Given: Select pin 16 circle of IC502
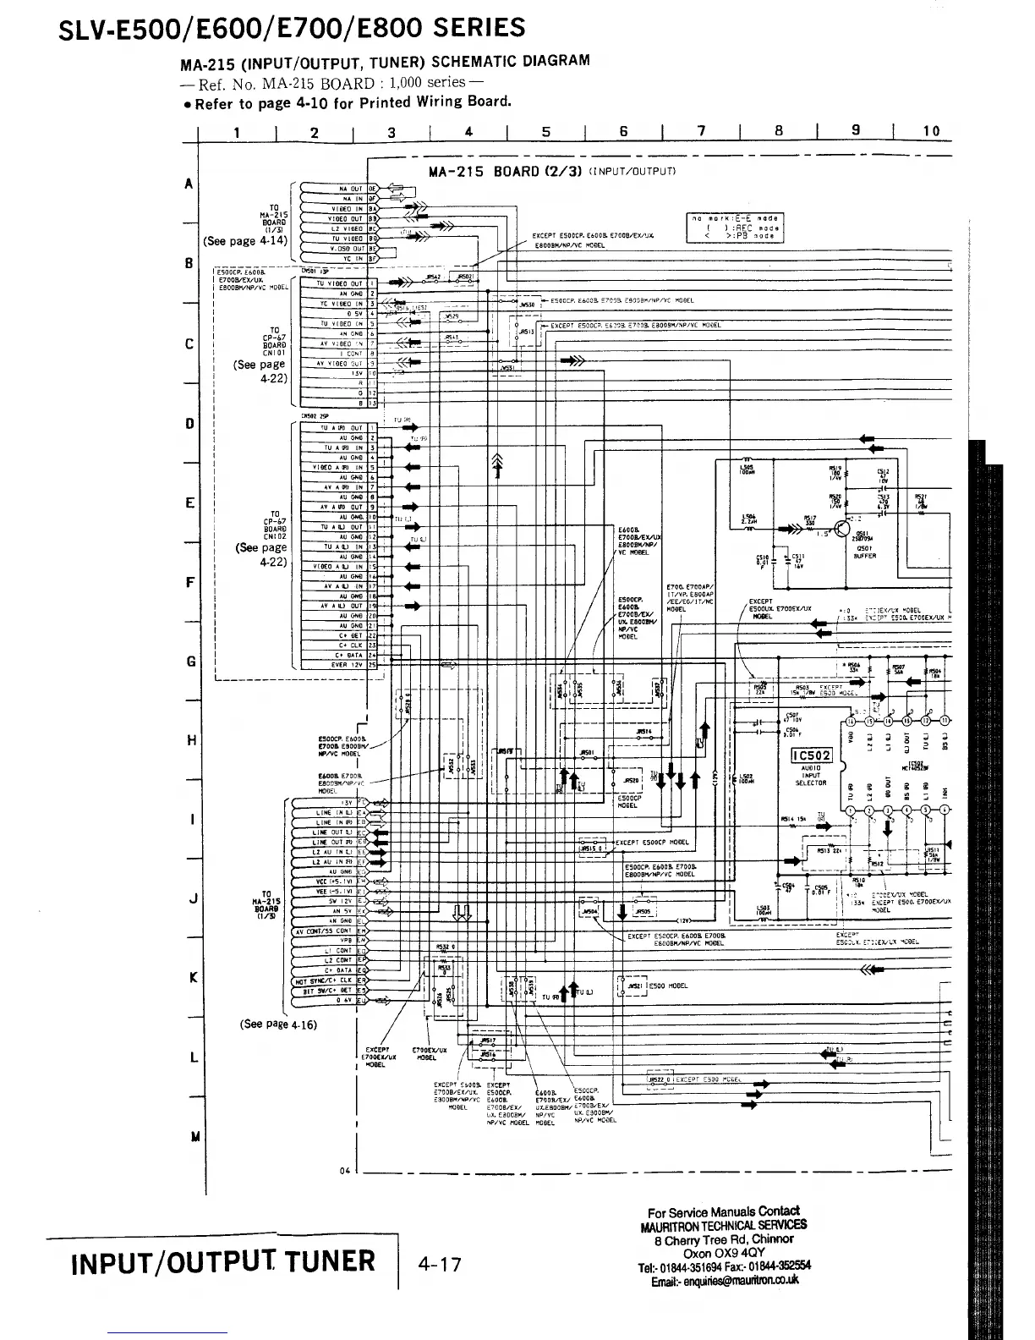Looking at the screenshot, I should tap(848, 721).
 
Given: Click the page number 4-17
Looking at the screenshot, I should tap(440, 1265).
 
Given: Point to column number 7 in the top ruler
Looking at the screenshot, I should tap(701, 130).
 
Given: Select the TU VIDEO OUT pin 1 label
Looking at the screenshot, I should tap(339, 283).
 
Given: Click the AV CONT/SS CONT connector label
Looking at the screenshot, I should tap(323, 931).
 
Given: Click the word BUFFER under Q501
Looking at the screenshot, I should tap(865, 557).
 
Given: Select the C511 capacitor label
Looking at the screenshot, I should tap(798, 558).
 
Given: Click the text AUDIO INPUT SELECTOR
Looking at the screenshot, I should tap(811, 775).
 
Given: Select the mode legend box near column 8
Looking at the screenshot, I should tap(735, 228).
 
